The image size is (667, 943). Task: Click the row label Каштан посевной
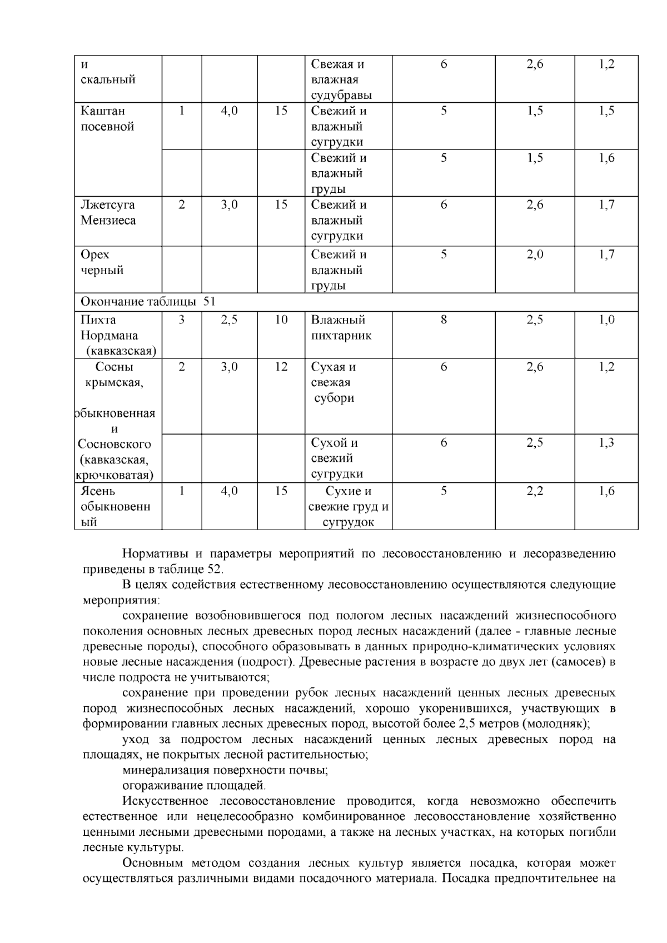[107, 118]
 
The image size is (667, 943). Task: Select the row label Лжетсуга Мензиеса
[108, 212]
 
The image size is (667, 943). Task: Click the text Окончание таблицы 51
[148, 302]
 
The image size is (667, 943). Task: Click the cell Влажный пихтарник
[341, 327]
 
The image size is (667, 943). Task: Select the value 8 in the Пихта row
[444, 320]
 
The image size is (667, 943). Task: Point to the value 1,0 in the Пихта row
[606, 320]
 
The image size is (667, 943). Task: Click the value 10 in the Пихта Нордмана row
[281, 320]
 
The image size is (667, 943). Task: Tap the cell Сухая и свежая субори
[333, 382]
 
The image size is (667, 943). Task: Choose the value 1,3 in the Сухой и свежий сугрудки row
[606, 443]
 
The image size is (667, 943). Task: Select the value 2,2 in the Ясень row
[535, 491]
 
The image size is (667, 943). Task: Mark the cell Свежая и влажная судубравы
[341, 79]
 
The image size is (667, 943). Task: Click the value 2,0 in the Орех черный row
[535, 255]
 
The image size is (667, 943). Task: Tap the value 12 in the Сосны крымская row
[281, 367]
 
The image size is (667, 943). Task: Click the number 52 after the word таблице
[214, 570]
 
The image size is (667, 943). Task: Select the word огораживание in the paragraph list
[157, 786]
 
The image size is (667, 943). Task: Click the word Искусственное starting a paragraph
[165, 801]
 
